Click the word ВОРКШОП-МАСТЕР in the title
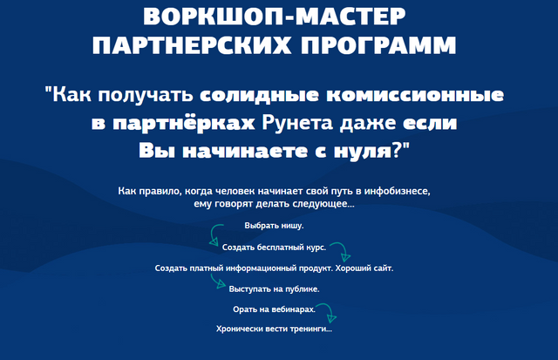(x=275, y=17)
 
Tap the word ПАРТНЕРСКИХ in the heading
(x=192, y=45)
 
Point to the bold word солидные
(x=259, y=95)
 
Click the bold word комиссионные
(x=415, y=95)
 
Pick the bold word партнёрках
(x=184, y=124)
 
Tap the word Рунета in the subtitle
(x=296, y=123)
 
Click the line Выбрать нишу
(x=274, y=226)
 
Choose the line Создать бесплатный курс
(x=274, y=248)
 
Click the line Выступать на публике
(x=274, y=289)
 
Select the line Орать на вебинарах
(x=274, y=309)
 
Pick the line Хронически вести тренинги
(x=274, y=329)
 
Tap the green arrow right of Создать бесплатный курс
(x=344, y=248)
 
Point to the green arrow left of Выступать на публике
(x=215, y=281)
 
